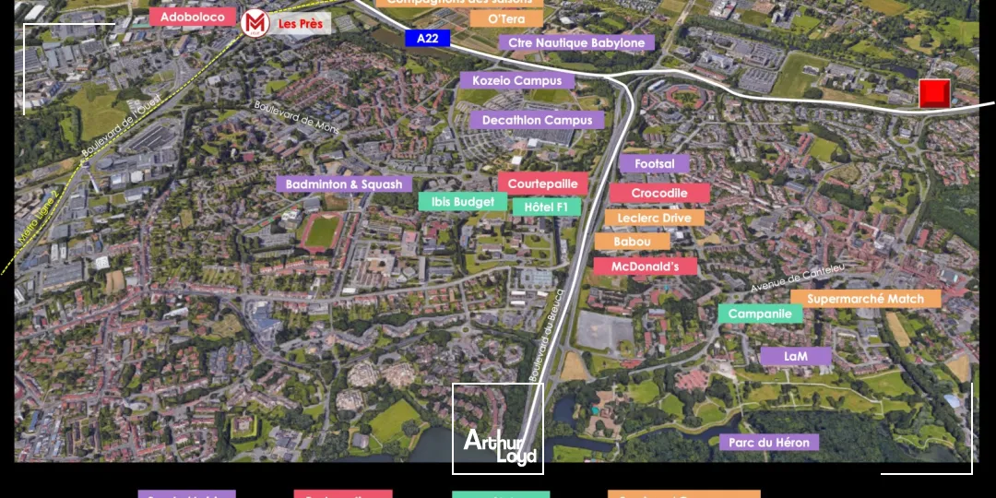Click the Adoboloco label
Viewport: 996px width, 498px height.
click(x=193, y=18)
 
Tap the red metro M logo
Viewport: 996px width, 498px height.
click(x=254, y=23)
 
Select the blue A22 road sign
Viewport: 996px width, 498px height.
click(x=427, y=38)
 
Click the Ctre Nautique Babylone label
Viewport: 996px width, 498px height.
click(x=576, y=42)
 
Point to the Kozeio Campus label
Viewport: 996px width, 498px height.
click(x=516, y=80)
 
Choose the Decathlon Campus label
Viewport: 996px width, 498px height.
click(x=536, y=120)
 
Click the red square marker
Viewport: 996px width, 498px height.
click(x=934, y=93)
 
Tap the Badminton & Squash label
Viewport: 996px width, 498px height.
click(x=344, y=184)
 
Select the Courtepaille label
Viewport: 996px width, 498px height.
click(x=542, y=183)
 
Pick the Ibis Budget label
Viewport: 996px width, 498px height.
click(x=463, y=201)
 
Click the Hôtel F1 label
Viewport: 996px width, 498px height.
click(x=546, y=207)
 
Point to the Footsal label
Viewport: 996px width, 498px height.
click(x=654, y=163)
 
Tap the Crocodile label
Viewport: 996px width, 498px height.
click(x=659, y=193)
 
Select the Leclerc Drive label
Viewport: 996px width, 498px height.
click(x=654, y=218)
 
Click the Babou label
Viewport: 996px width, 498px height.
click(x=632, y=241)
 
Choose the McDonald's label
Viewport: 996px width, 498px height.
click(x=645, y=266)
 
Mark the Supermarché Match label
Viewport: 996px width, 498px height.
click(x=865, y=298)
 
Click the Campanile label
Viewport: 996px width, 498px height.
click(x=760, y=314)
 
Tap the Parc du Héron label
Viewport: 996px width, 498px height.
click(x=768, y=443)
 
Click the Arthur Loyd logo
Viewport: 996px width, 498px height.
click(x=498, y=447)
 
